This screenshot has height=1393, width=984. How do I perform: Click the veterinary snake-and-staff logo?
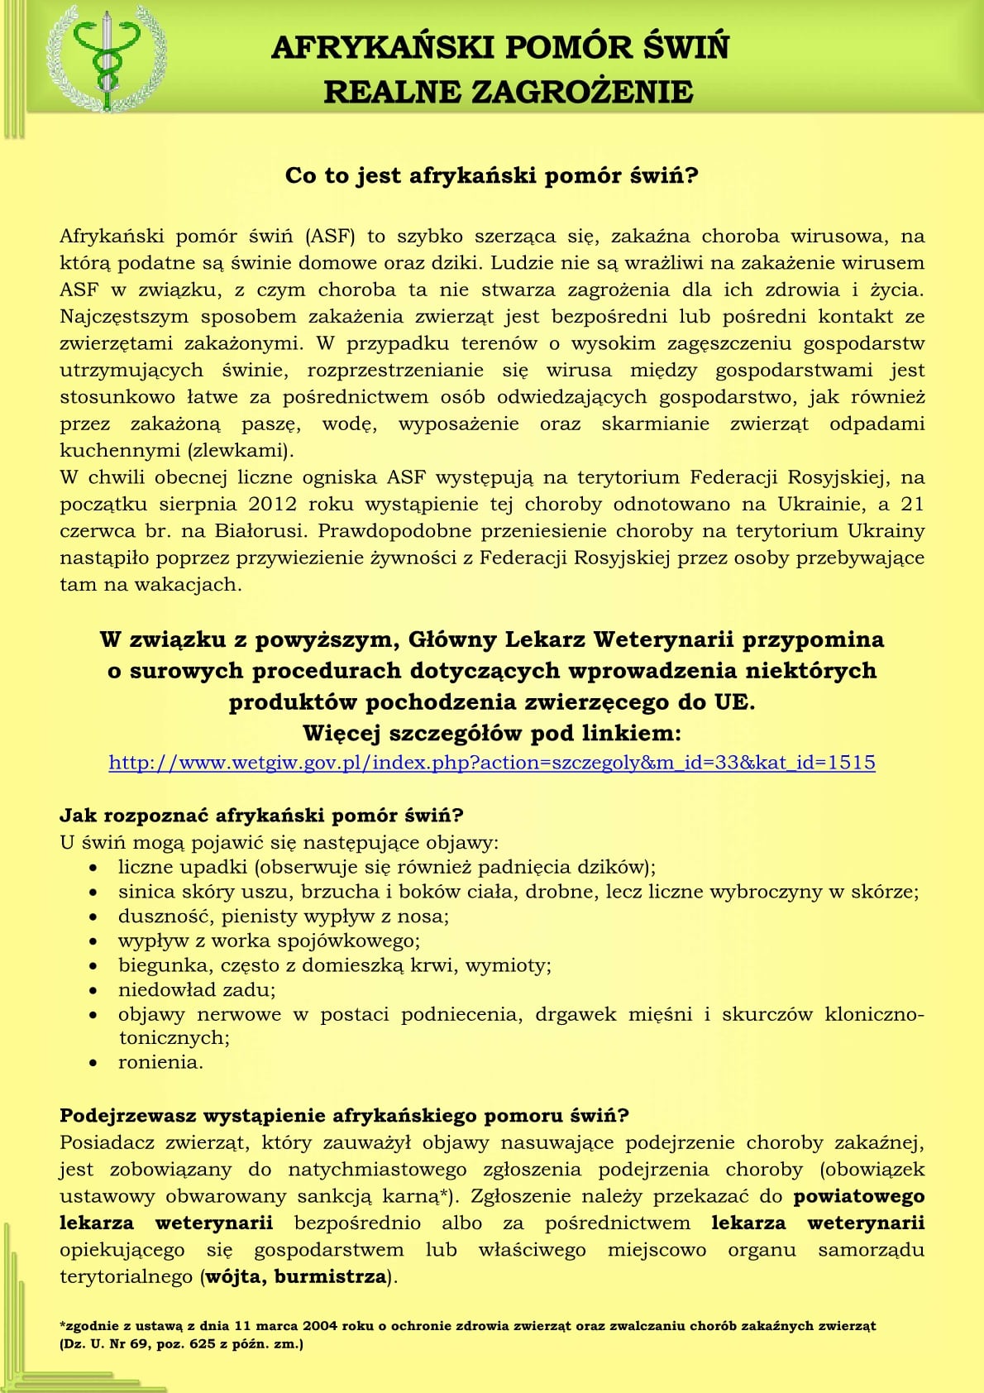point(103,58)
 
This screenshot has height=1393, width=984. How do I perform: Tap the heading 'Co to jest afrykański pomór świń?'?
point(491,176)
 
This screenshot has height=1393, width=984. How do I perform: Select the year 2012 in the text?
point(272,505)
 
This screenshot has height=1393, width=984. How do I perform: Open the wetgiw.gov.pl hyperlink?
point(491,763)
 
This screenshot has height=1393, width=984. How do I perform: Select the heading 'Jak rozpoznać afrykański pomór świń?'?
point(261,816)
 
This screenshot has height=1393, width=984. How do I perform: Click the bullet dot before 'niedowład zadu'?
point(95,990)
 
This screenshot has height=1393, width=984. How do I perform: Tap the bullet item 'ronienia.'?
point(160,1063)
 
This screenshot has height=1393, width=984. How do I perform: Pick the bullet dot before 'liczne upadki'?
point(95,868)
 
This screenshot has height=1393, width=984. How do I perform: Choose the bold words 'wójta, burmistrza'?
point(295,1276)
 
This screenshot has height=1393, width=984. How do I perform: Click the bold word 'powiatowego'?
point(858,1196)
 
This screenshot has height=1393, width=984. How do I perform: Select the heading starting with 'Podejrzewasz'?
point(344,1116)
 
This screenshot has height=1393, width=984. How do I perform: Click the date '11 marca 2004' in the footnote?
point(286,1326)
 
